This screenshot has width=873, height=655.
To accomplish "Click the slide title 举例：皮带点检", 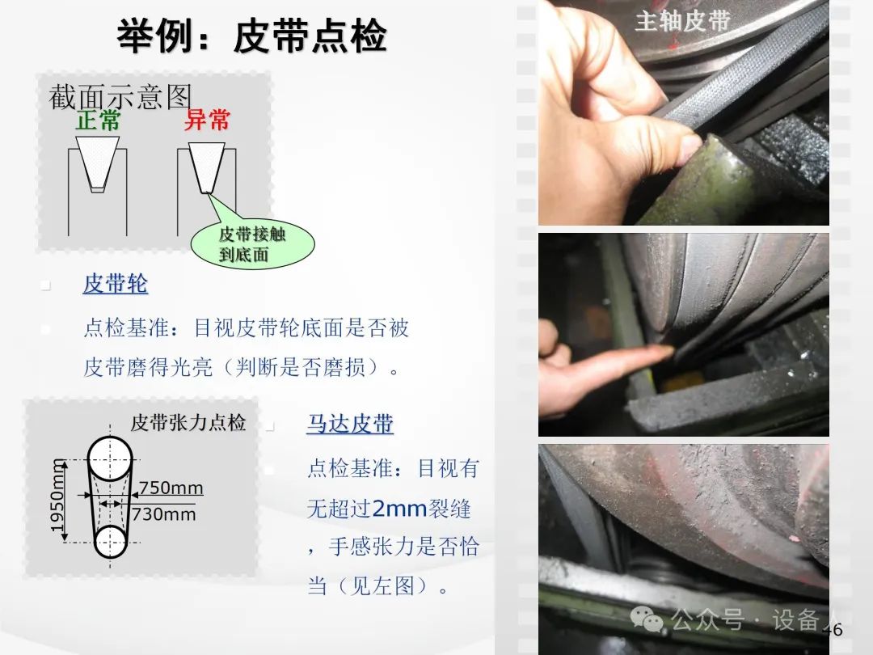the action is (x=251, y=36).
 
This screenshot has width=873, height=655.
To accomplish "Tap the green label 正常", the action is (x=98, y=120).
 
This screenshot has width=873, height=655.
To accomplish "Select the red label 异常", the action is (x=207, y=120).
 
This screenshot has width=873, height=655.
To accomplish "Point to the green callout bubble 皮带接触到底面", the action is (x=253, y=244).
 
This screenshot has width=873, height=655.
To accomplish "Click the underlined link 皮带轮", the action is (x=116, y=284).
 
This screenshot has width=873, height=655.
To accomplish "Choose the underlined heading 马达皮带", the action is (x=350, y=424).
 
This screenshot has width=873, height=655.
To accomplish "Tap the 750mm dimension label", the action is (x=171, y=488).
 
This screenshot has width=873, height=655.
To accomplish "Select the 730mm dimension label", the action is (x=163, y=513).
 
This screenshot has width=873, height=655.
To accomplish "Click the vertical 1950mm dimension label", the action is (x=57, y=495).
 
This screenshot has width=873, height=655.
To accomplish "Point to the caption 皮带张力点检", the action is (x=188, y=422).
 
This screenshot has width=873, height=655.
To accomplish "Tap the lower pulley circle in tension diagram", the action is (x=110, y=541).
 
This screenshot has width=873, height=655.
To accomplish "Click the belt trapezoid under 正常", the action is (x=98, y=163).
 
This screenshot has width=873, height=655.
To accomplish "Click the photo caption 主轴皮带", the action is (x=682, y=21).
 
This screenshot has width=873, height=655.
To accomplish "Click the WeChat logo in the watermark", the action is (x=646, y=619).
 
